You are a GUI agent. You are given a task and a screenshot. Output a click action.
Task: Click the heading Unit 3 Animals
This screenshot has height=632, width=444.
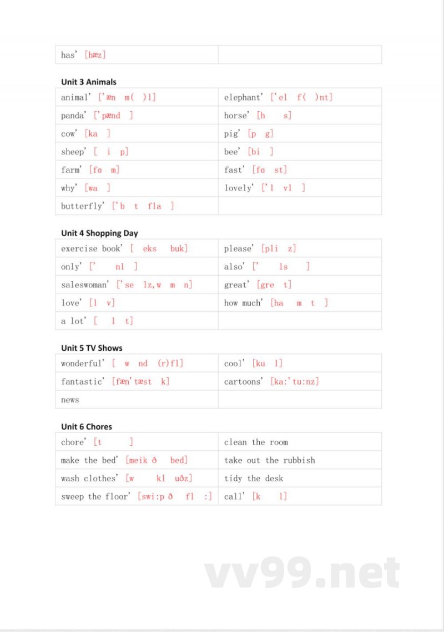(x=89, y=82)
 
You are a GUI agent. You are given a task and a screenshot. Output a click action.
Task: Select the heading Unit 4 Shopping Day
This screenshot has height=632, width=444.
(x=99, y=233)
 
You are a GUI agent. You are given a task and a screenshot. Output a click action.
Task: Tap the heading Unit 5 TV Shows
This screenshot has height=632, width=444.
(x=92, y=348)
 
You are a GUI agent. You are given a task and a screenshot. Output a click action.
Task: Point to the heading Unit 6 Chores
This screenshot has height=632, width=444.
(x=87, y=427)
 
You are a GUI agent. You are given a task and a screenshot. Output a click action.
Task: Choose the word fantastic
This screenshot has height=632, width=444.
(x=82, y=381)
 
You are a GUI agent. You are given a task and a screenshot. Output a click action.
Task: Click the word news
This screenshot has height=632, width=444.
(x=70, y=400)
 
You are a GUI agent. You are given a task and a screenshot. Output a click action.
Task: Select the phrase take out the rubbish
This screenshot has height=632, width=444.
(x=269, y=460)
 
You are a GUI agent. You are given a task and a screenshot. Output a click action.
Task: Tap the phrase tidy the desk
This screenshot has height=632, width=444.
(x=254, y=479)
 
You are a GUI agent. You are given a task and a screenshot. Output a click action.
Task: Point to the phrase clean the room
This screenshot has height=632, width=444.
(x=256, y=442)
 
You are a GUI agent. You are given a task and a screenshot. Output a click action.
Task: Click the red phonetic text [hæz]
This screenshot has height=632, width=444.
(x=95, y=55)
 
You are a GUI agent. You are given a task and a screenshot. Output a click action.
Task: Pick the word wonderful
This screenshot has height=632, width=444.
(x=82, y=364)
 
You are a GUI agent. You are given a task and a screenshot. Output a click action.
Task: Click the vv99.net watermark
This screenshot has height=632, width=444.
(x=302, y=574)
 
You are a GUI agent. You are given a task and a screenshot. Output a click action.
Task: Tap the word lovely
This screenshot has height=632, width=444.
(x=238, y=188)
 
